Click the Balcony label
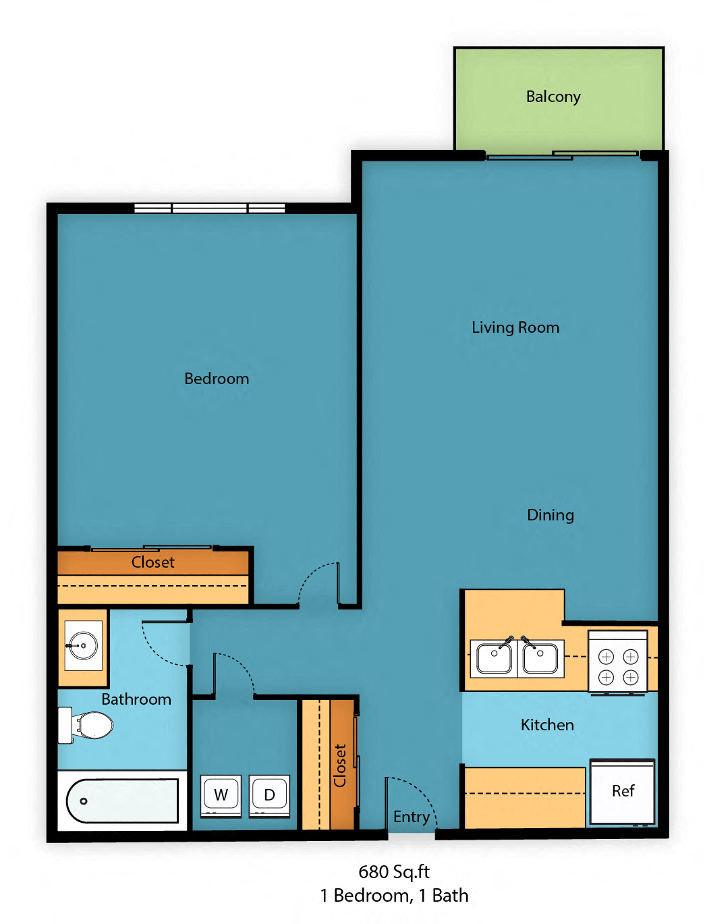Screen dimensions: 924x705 [x=553, y=97]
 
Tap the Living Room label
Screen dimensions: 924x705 [x=515, y=328]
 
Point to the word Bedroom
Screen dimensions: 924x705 [x=217, y=379]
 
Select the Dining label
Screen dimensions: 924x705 [x=550, y=515]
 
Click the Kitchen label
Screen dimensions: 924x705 [x=546, y=725]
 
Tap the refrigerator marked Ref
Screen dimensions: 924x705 [x=622, y=791]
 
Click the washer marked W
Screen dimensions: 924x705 [x=221, y=795]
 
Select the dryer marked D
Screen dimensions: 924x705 [x=269, y=795]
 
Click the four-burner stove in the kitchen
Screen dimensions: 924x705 [x=618, y=666]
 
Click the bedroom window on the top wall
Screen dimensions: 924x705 [x=209, y=209]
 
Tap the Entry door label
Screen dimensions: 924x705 [x=411, y=817]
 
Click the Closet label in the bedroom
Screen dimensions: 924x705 [x=152, y=562]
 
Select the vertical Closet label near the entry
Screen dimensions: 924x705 [x=340, y=765]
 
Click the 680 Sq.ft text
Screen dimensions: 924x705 [x=393, y=872]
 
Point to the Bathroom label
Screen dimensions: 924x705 [x=136, y=699]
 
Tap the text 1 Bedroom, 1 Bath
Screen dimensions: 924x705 [x=393, y=896]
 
